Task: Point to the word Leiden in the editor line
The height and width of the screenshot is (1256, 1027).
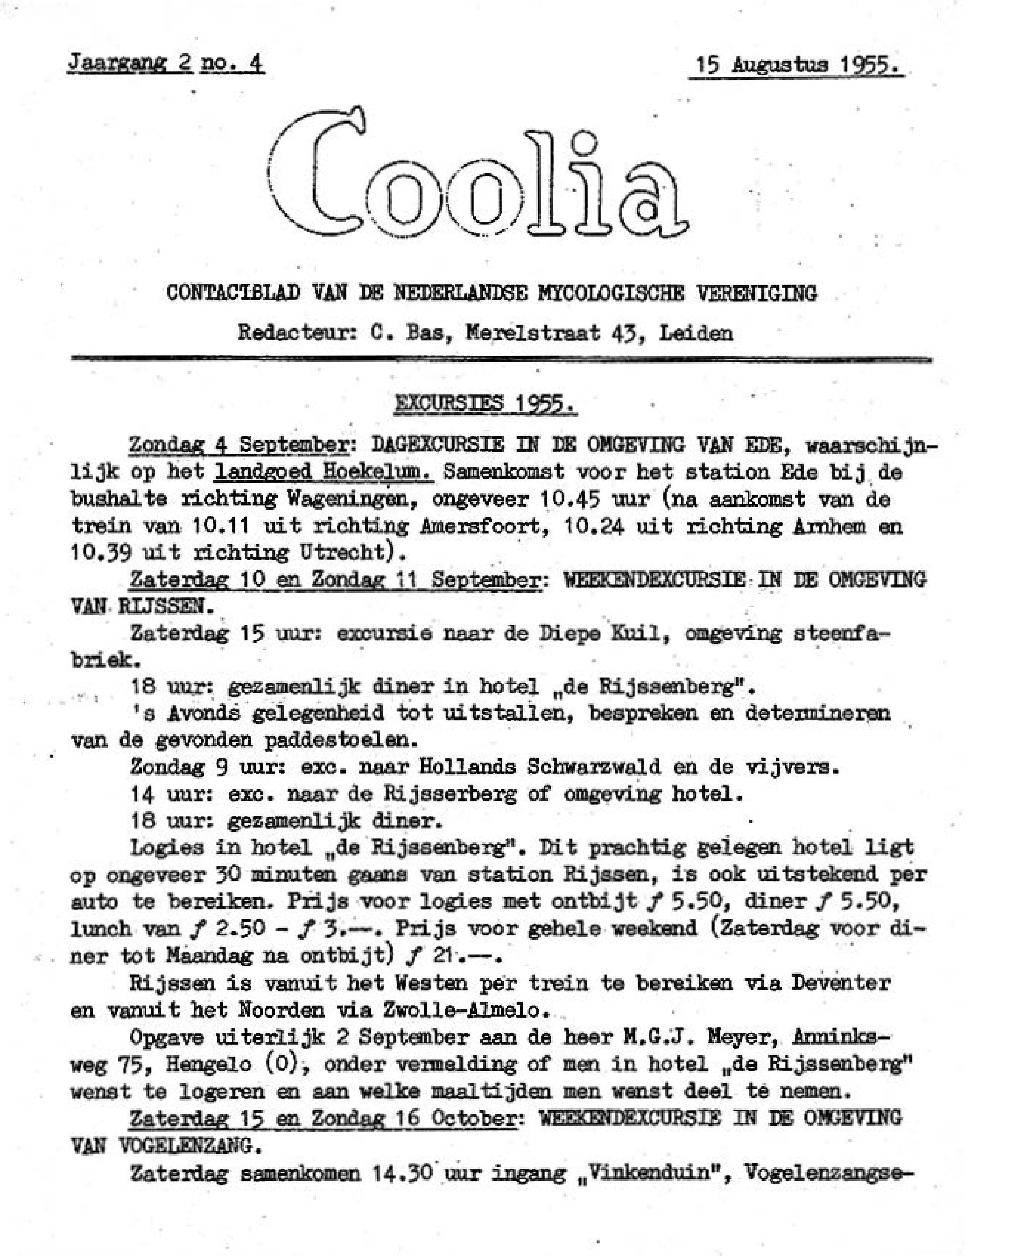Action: point(696,333)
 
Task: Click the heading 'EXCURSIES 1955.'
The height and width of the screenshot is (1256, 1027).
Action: point(485,404)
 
